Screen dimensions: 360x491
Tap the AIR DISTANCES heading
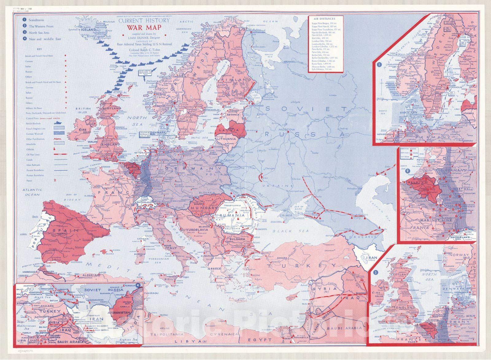tap(325, 19)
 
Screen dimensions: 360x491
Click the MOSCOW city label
tap(287, 129)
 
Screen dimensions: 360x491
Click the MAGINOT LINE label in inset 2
tap(435, 220)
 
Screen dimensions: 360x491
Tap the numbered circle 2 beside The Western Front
tap(24, 26)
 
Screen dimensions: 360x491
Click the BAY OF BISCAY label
tap(72, 197)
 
